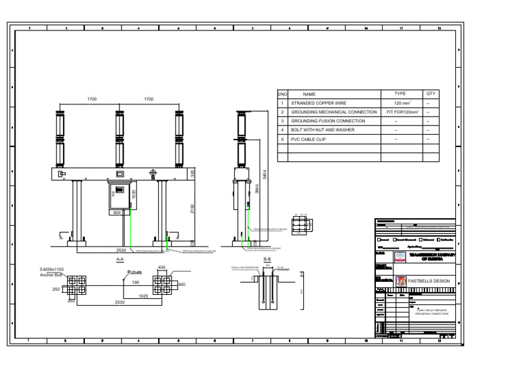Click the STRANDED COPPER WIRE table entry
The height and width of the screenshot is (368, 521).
[x=317, y=103]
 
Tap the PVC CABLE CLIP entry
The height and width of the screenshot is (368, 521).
[x=308, y=138]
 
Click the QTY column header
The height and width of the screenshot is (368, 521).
[x=430, y=94]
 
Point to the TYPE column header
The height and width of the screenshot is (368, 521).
[x=400, y=94]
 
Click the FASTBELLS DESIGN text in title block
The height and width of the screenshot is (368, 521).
[x=429, y=281]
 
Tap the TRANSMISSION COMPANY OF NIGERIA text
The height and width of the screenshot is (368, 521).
[x=431, y=257]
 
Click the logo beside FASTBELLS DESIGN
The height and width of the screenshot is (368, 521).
[x=400, y=281]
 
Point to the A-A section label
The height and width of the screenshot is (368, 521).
[x=120, y=259]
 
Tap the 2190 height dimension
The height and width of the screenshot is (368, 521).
[x=193, y=208]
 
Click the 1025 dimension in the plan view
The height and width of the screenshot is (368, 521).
[x=143, y=295]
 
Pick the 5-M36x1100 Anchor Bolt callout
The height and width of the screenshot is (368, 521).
[x=52, y=272]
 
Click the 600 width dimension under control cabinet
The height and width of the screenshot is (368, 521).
[x=117, y=212]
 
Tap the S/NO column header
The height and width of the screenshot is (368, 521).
[x=283, y=94]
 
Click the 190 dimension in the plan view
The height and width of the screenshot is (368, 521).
[x=136, y=282]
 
